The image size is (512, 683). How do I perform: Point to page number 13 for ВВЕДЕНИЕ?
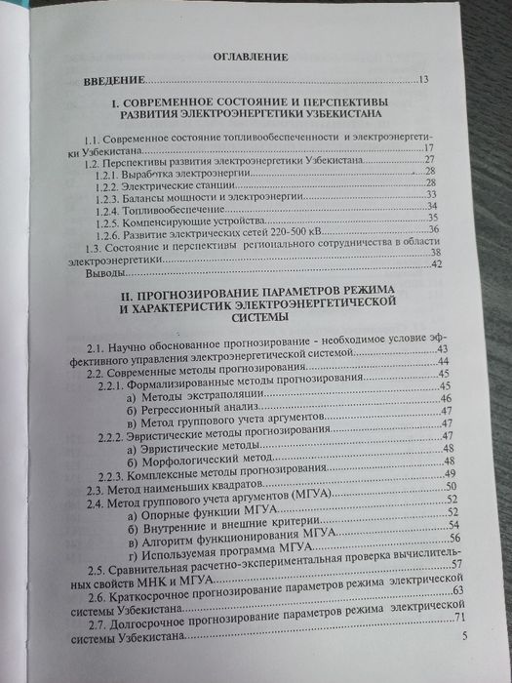[x=422, y=80]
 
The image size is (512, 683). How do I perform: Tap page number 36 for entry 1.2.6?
[x=432, y=229]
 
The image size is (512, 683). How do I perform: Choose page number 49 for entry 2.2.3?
[x=450, y=474]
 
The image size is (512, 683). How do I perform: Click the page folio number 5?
[x=465, y=637]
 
